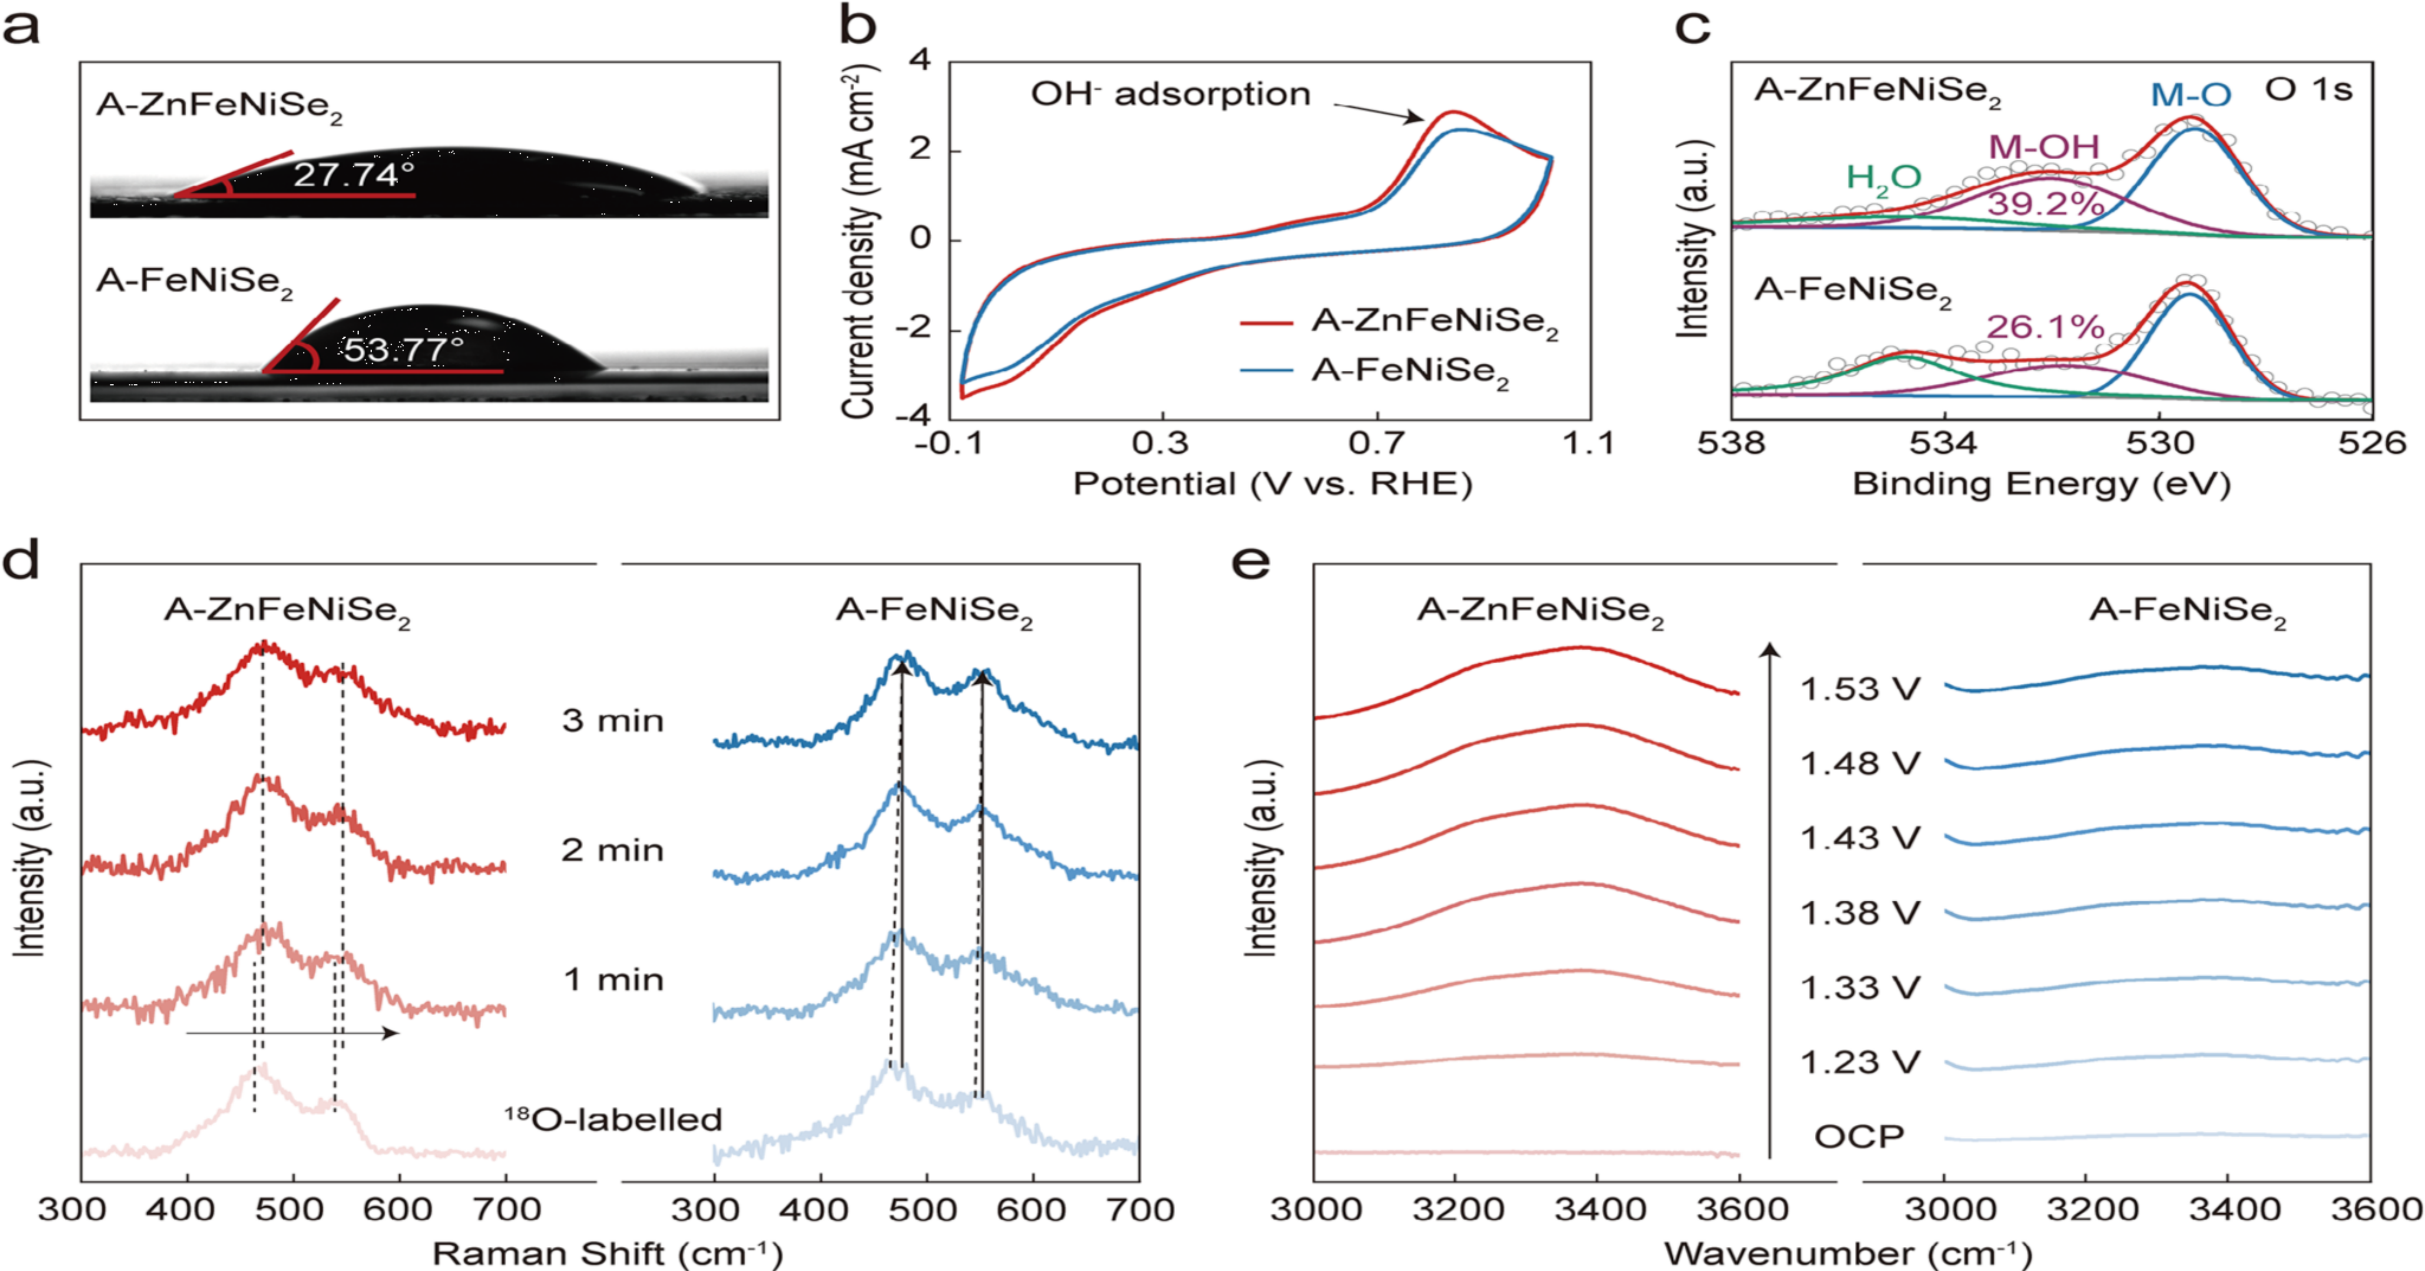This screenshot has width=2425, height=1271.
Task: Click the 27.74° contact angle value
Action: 353,175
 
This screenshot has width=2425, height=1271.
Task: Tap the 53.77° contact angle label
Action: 403,350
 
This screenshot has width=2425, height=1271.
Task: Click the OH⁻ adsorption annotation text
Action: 1170,94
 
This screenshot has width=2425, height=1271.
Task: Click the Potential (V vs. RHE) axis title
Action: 1272,484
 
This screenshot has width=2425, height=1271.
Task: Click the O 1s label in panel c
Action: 2308,90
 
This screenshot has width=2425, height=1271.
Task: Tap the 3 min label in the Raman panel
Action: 613,721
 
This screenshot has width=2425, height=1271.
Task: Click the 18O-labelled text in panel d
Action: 613,1119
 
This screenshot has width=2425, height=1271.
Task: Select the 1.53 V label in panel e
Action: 1859,689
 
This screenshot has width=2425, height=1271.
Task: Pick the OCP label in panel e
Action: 1859,1137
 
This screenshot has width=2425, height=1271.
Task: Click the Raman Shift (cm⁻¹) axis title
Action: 607,1253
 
